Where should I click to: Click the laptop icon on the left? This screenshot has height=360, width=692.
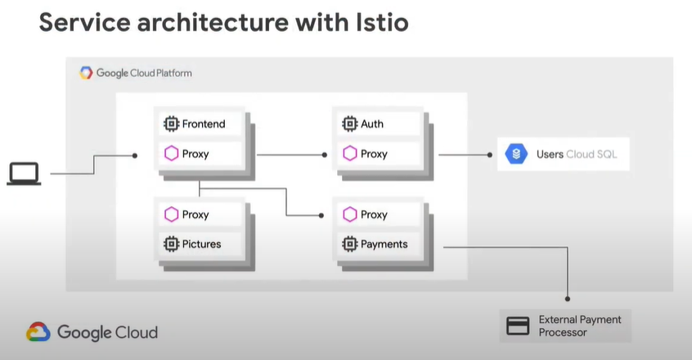coord(24,173)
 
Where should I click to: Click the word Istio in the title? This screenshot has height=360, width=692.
coord(382,23)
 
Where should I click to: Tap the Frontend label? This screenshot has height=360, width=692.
coord(204,124)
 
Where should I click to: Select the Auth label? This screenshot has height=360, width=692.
coord(372,124)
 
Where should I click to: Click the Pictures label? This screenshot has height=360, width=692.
coord(202,244)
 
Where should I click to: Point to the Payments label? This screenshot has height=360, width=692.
coord(384,244)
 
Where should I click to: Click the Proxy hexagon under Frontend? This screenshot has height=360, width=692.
coord(171,154)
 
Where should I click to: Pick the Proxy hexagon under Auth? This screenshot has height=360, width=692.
coord(349,154)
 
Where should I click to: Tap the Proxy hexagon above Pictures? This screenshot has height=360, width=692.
coord(171,214)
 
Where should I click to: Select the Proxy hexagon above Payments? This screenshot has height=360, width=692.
coord(349,214)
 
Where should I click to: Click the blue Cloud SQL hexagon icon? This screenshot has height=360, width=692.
coord(516,154)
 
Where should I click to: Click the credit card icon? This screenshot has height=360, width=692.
coord(518,326)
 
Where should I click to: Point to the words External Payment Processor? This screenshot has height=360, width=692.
coord(580,326)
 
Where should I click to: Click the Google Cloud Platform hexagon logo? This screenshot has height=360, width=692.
coord(86,73)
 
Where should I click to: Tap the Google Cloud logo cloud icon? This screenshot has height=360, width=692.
coord(38,331)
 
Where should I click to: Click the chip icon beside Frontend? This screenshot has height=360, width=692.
coord(171,124)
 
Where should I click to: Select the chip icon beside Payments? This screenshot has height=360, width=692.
coord(349,244)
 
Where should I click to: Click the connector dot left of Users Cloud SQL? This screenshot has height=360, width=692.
coord(489,155)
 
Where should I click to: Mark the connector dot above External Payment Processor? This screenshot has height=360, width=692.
coord(568,299)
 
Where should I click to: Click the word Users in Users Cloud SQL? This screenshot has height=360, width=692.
coord(550,155)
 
